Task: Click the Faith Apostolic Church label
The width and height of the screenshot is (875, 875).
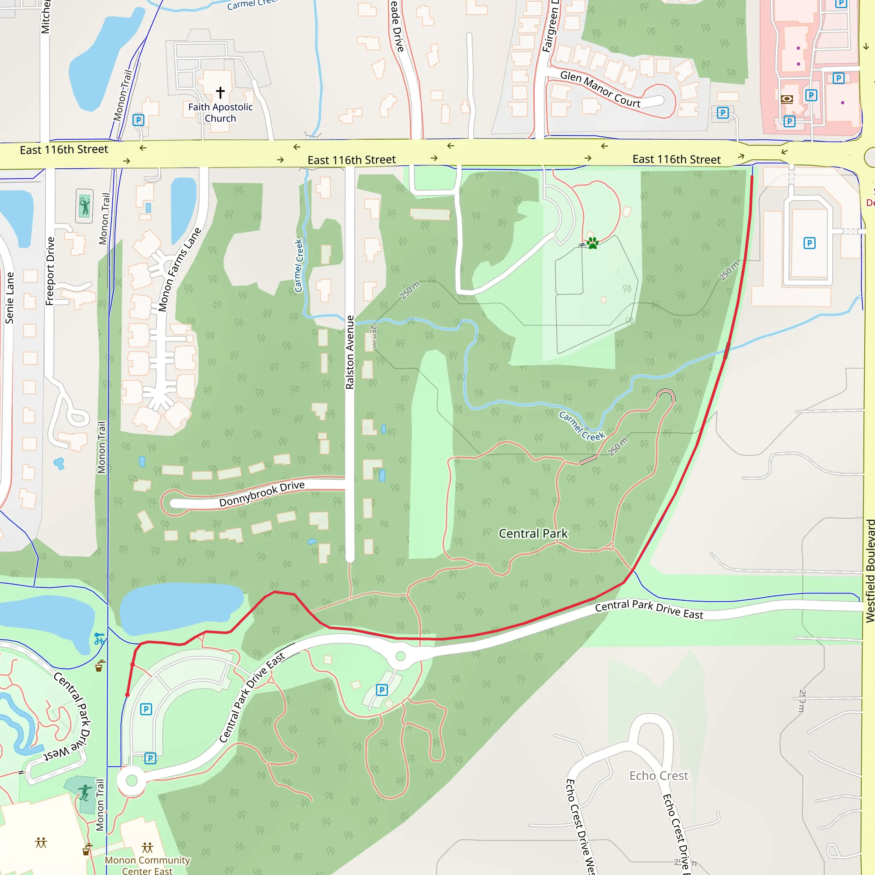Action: click(x=220, y=113)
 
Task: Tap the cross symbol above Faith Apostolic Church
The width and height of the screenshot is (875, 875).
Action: click(x=220, y=92)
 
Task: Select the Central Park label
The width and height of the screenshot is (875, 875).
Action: click(x=533, y=534)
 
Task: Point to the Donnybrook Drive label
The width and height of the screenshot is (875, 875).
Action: click(x=262, y=493)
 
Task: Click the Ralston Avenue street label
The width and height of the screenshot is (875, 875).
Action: click(x=349, y=352)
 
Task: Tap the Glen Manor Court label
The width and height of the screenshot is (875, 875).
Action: click(x=600, y=89)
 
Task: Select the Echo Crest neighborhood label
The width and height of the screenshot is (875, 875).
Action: click(x=658, y=776)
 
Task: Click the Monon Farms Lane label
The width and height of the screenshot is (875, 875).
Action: click(x=179, y=270)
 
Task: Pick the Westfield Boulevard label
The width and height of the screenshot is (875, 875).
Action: click(x=870, y=571)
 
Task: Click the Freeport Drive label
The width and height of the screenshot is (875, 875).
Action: click(x=50, y=271)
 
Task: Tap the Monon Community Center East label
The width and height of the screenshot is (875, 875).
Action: click(x=147, y=866)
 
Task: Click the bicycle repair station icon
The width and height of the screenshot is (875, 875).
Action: click(x=99, y=639)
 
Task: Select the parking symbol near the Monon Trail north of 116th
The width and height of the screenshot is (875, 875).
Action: click(x=138, y=120)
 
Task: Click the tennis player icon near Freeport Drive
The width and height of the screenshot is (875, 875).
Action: click(x=84, y=206)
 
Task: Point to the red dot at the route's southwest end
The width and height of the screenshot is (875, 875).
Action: click(x=128, y=695)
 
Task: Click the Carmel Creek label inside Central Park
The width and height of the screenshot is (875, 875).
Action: click(x=581, y=426)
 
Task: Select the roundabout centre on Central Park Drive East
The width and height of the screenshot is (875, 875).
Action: click(x=400, y=656)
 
